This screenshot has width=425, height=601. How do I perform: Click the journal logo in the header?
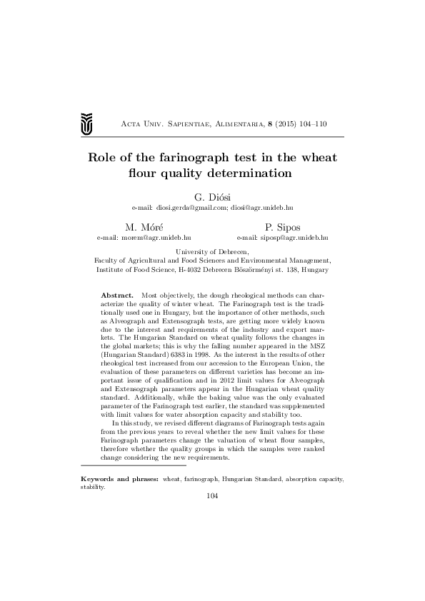(x=86, y=123)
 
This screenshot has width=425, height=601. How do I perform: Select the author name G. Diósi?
(x=212, y=196)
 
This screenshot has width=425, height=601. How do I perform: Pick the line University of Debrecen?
(x=212, y=253)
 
